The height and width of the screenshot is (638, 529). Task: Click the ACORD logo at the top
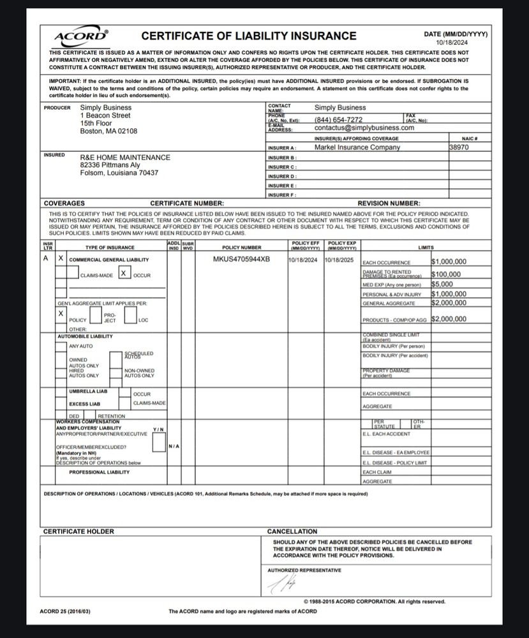point(82,36)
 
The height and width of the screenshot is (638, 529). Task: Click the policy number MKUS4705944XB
point(241,260)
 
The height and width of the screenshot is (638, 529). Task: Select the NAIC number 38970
point(459,147)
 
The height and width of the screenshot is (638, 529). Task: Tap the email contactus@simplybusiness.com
point(364,128)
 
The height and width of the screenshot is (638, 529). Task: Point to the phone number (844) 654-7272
point(338,119)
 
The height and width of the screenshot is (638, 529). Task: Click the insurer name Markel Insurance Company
point(357,147)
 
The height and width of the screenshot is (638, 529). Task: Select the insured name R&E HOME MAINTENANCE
point(125,158)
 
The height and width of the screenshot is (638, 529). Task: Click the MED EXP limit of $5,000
point(442,285)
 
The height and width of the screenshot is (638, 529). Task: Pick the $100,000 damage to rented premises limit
point(446,274)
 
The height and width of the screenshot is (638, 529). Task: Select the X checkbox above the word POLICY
point(61,314)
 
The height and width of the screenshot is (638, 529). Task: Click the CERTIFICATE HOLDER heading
point(78,531)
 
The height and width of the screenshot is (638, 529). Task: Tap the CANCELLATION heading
point(292,531)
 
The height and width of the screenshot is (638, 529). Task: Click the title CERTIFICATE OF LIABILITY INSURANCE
point(249,36)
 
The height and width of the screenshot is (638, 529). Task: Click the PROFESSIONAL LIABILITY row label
point(99,472)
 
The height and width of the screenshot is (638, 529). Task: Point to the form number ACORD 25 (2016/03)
point(66,611)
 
